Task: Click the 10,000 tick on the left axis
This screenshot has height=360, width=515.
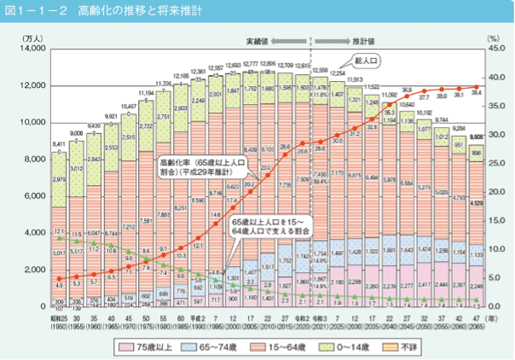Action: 32,123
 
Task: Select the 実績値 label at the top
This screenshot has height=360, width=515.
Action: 257,39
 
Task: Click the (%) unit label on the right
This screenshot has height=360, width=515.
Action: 493,38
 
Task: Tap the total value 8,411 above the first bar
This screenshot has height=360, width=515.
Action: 58,146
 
